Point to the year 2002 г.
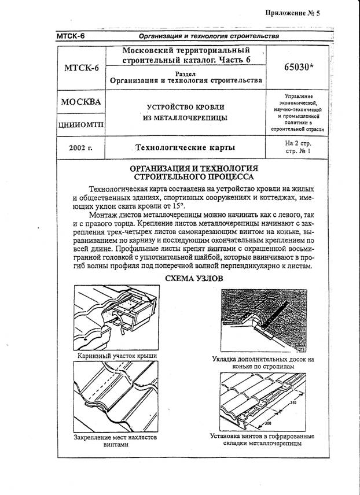[81, 148]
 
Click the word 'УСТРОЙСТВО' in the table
[159, 107]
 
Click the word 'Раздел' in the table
[188, 74]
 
